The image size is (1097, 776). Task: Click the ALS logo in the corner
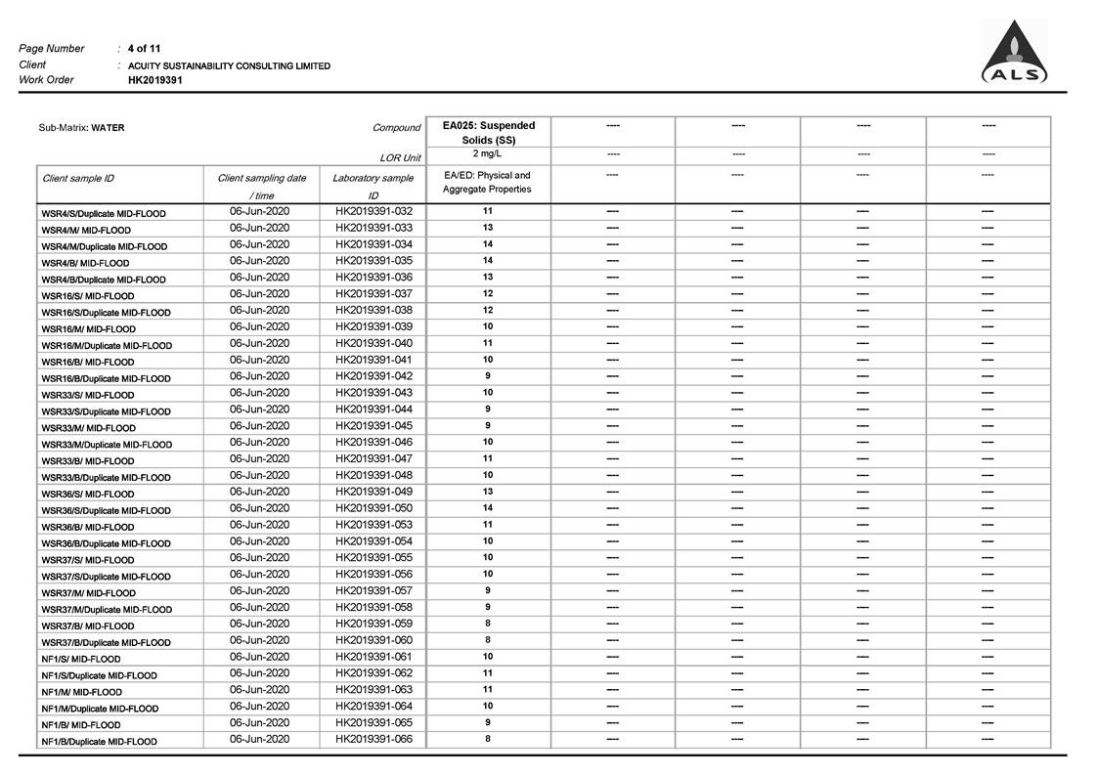(1014, 54)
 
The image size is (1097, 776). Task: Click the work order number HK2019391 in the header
(155, 80)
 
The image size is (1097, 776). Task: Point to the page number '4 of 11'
(145, 48)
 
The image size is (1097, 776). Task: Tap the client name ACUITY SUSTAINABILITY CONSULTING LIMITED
(229, 65)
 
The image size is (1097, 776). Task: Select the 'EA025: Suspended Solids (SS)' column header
(489, 132)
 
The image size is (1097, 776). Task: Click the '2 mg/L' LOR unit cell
(488, 154)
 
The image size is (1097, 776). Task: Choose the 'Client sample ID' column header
(78, 179)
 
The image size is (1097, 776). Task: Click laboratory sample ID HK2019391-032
(373, 211)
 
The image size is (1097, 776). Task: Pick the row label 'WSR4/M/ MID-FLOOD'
(86, 230)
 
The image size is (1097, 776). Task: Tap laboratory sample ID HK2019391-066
(373, 739)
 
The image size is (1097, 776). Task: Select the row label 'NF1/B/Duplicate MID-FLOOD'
(99, 742)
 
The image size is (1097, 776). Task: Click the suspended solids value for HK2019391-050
(488, 508)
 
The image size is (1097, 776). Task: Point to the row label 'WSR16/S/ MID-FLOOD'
(88, 296)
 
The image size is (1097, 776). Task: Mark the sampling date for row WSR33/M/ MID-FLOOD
(260, 425)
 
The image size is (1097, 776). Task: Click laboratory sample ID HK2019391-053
(373, 525)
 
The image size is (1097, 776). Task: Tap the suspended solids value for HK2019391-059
(488, 624)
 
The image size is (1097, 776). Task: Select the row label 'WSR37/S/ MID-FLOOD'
(88, 560)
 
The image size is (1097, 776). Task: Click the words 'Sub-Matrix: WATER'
(81, 128)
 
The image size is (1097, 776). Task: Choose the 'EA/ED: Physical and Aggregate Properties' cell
(488, 183)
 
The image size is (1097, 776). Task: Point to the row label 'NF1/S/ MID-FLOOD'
(81, 659)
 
